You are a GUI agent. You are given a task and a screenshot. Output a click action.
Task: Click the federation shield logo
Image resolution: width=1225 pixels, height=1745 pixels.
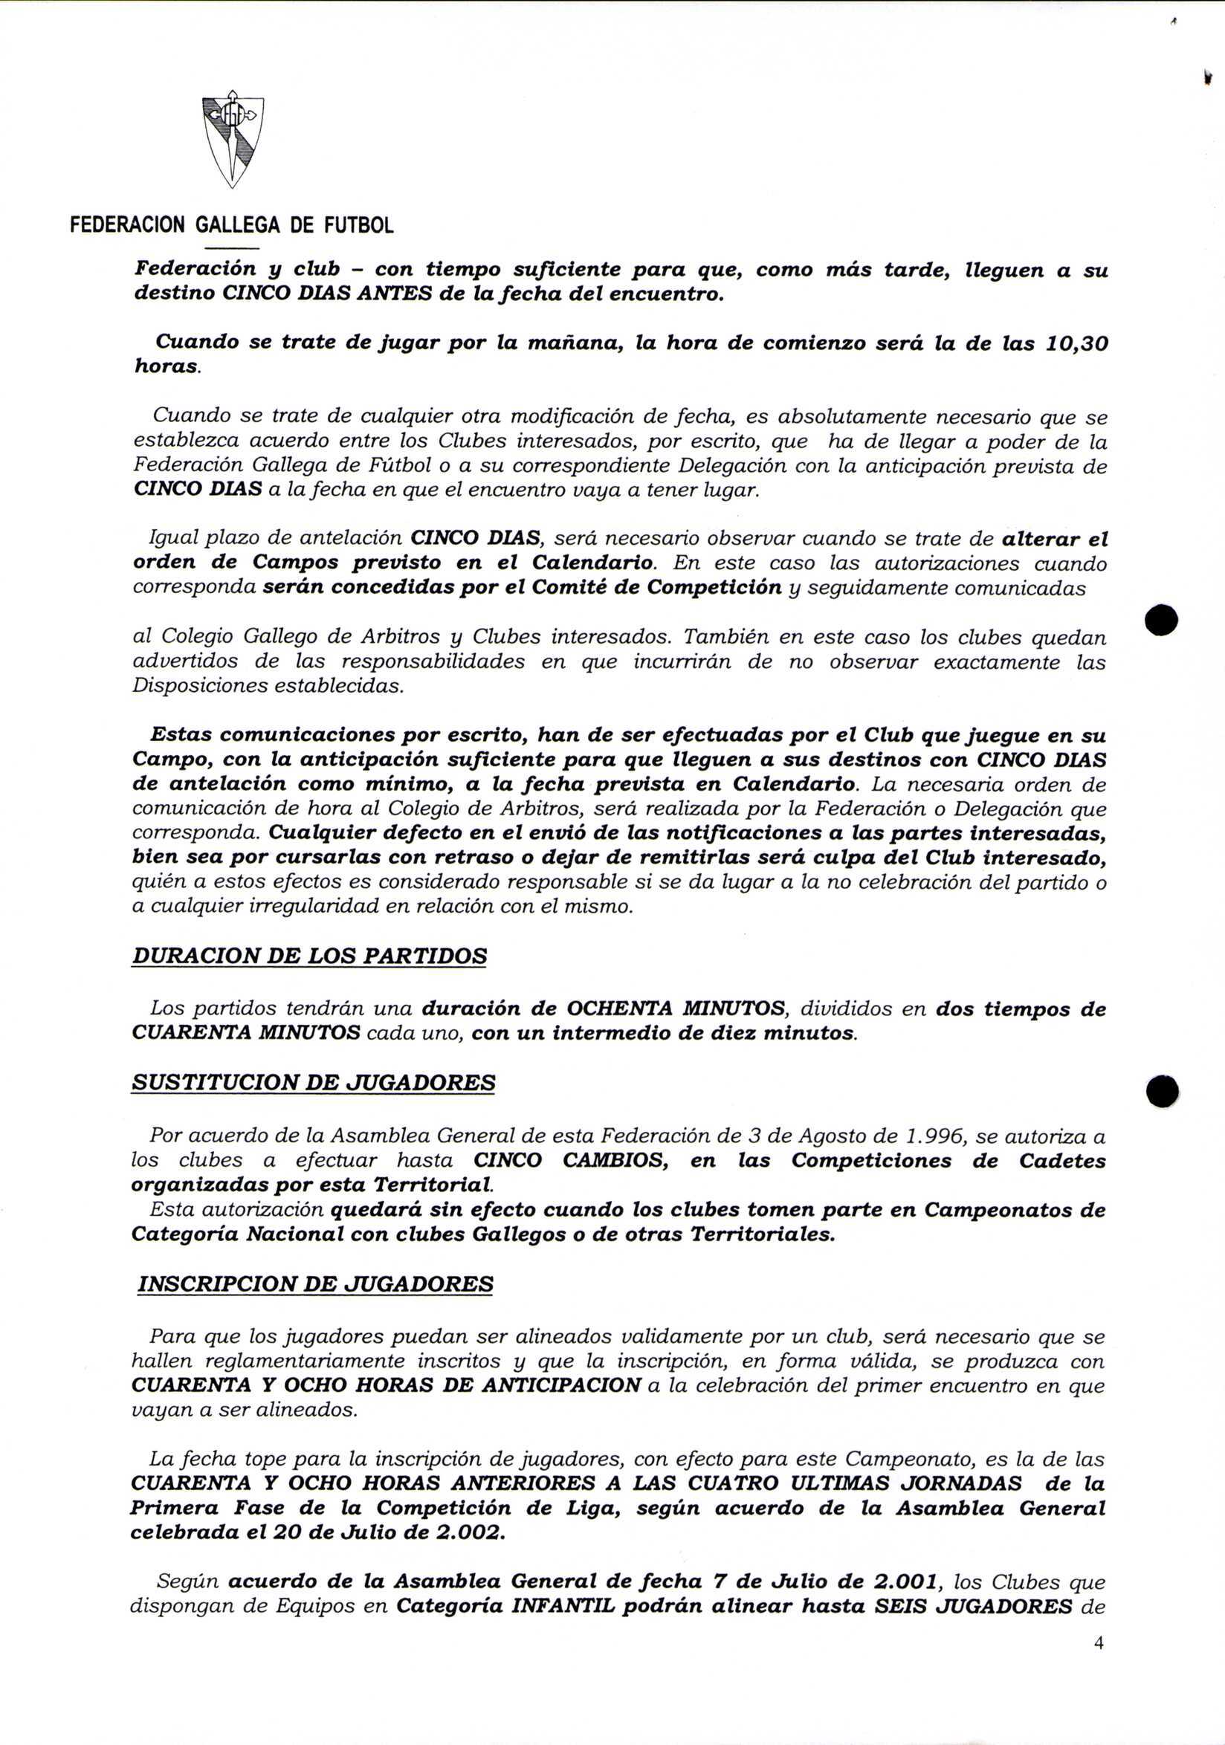(233, 142)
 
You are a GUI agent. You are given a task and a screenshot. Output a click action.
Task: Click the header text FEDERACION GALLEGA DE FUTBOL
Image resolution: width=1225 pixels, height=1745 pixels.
(232, 225)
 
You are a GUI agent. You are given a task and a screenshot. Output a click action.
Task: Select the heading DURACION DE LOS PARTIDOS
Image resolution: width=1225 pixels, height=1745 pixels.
(309, 955)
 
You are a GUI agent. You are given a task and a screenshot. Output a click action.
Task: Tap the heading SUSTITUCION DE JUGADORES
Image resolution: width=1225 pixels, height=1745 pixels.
(313, 1082)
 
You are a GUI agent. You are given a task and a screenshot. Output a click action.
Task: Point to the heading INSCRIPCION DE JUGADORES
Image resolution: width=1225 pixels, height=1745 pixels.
(315, 1284)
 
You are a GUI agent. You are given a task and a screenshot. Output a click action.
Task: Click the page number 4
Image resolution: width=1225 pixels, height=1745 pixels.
(1098, 1643)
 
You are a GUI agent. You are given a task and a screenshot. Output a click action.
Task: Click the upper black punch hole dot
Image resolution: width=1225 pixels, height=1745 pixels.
(1162, 620)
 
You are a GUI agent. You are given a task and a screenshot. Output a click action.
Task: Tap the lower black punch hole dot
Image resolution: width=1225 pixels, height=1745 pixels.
(1162, 1092)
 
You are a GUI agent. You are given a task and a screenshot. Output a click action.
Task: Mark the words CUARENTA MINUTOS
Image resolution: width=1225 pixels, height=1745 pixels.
(246, 1033)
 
